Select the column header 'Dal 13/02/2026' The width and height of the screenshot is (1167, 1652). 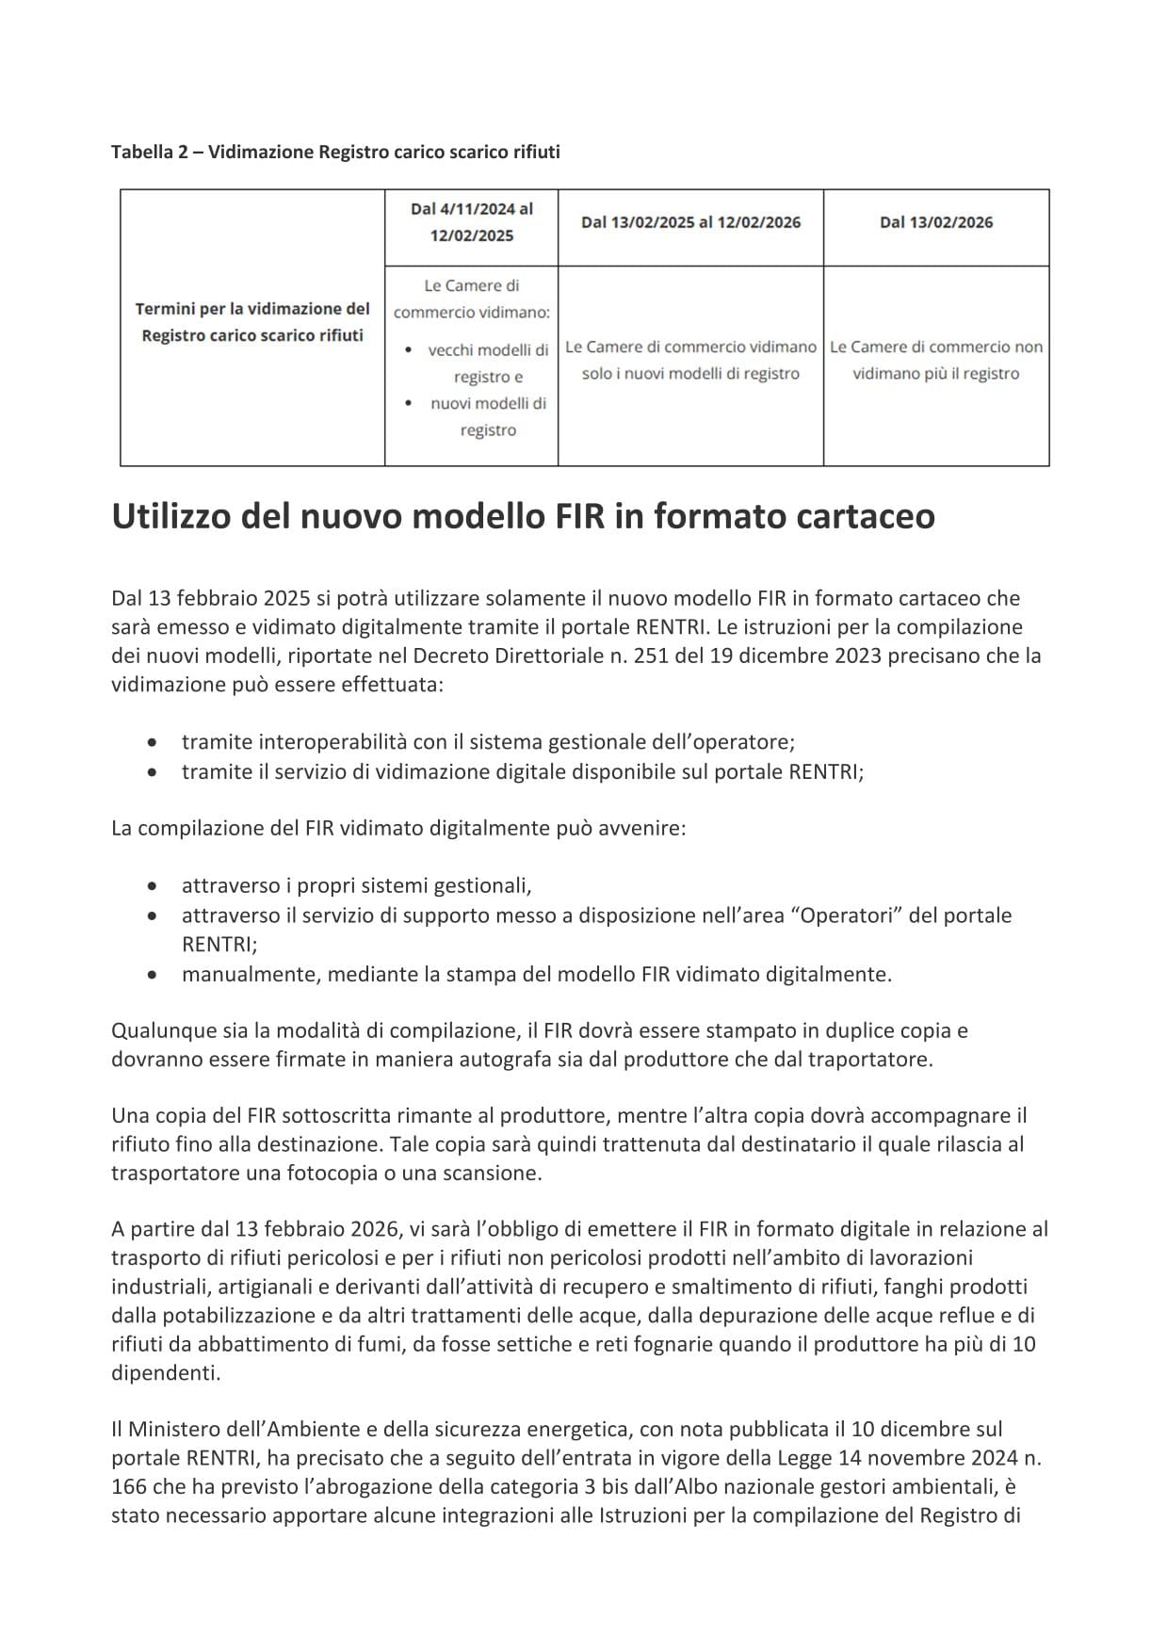tap(935, 222)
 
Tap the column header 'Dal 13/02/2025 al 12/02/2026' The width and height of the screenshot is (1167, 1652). tap(690, 222)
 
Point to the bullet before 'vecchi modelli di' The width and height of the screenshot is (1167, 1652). tap(407, 350)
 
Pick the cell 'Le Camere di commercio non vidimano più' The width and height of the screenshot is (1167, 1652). tap(935, 360)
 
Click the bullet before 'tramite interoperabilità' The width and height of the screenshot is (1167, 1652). tap(153, 742)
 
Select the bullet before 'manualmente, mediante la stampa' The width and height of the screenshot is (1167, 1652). tap(153, 974)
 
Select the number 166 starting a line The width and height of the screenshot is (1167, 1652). tap(129, 1487)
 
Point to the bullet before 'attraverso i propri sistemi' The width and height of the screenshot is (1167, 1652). tap(153, 886)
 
